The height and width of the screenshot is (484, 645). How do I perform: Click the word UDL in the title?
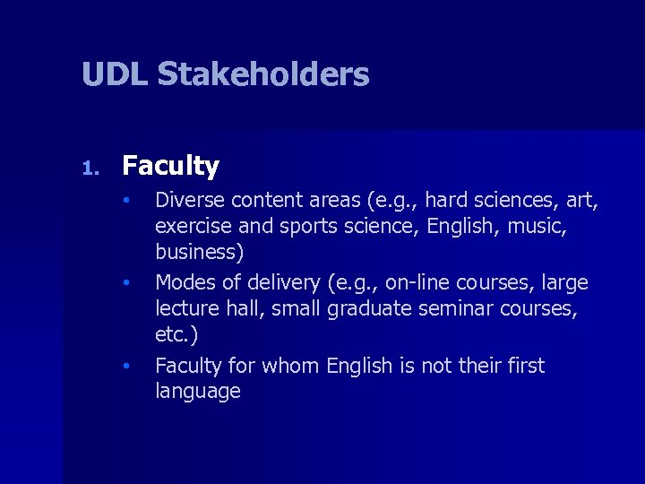[115, 74]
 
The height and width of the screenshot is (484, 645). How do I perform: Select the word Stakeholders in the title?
[262, 74]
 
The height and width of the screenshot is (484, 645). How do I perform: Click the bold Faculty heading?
[170, 167]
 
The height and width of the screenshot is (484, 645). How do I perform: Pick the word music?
[536, 225]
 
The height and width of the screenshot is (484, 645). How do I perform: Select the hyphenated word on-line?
[417, 283]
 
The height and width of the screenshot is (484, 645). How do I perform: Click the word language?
[198, 392]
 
